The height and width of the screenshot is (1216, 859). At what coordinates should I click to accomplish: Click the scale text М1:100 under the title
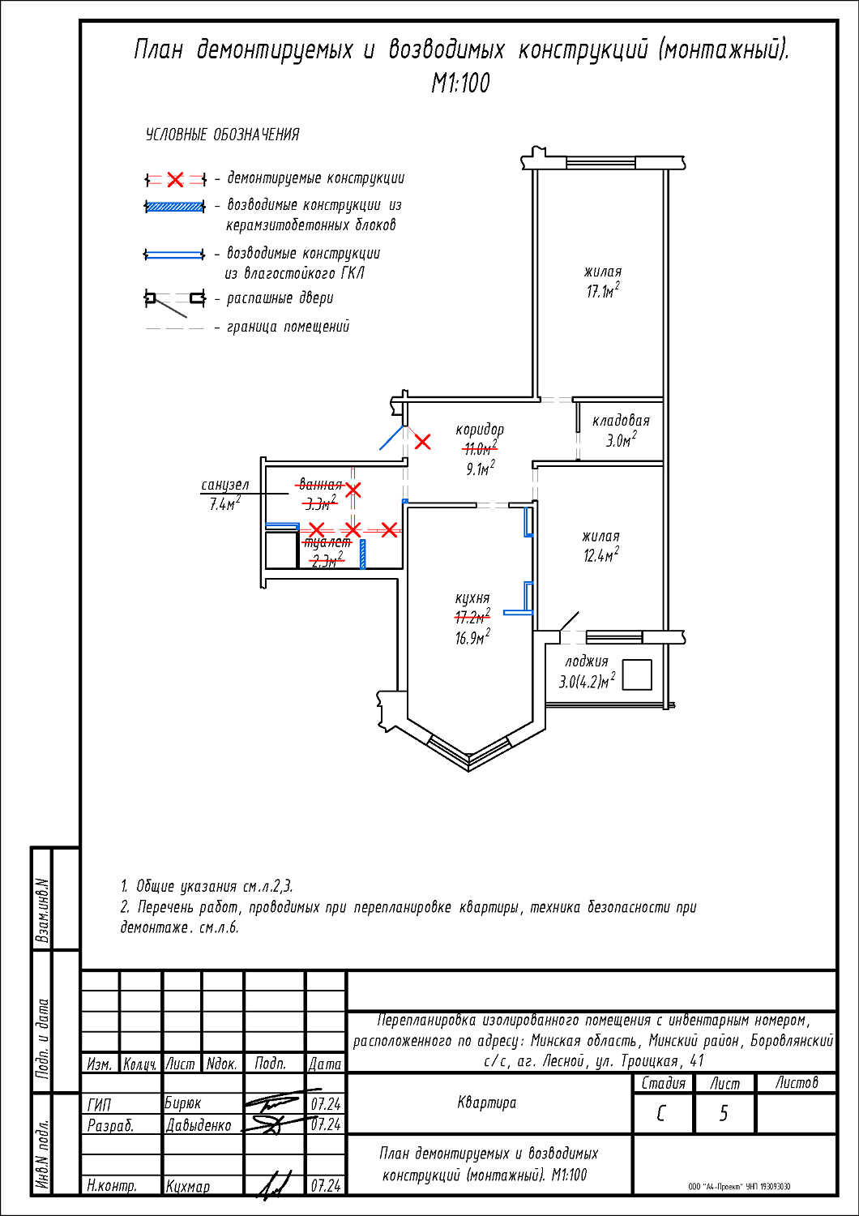point(460,83)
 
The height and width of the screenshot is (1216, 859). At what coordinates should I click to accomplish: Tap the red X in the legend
point(175,179)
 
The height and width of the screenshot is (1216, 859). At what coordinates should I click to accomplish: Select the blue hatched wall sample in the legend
point(174,207)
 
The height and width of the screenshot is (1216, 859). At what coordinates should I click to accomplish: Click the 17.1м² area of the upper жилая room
point(603,291)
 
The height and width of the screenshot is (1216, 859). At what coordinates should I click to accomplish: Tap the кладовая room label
point(621,421)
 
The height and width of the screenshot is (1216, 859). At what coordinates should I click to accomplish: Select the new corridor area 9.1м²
point(480,469)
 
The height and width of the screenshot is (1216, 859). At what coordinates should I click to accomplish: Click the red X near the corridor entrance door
point(423,442)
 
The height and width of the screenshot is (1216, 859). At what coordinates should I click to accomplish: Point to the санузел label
point(224,485)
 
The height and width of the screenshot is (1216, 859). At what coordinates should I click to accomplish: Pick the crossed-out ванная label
point(320,485)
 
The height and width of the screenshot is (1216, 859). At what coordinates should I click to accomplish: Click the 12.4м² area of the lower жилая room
point(600,555)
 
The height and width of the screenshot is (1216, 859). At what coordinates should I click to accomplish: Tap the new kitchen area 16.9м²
point(472,638)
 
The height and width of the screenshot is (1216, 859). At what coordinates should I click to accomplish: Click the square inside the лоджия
point(637,674)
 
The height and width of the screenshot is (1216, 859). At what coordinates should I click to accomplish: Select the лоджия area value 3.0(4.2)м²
point(586,681)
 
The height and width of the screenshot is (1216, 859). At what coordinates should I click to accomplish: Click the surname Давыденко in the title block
point(199,1126)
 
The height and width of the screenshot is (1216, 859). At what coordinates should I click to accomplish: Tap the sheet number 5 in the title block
point(724,1114)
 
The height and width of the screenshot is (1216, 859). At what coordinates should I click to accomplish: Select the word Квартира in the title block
point(486,1103)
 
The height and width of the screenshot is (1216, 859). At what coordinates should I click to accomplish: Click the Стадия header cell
point(663,1083)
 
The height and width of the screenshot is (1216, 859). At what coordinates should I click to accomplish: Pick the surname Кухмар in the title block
point(188,1187)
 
